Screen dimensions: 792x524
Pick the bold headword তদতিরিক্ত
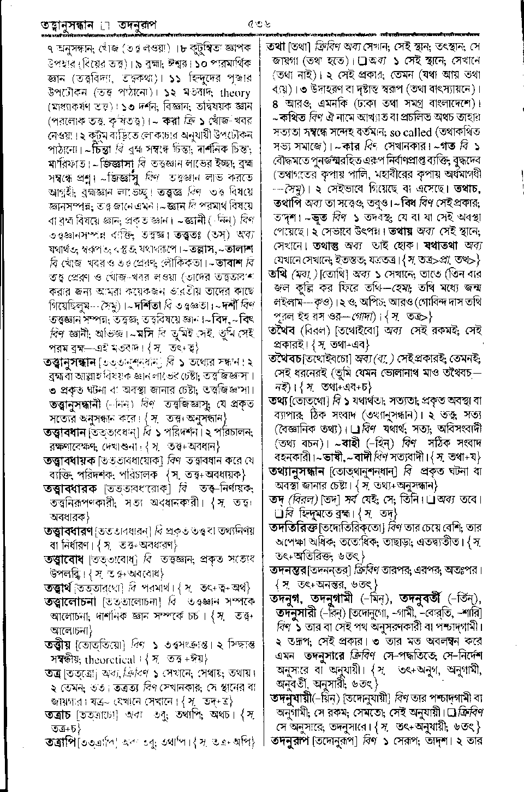point(294,528)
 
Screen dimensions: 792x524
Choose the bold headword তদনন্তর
point(291,570)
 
